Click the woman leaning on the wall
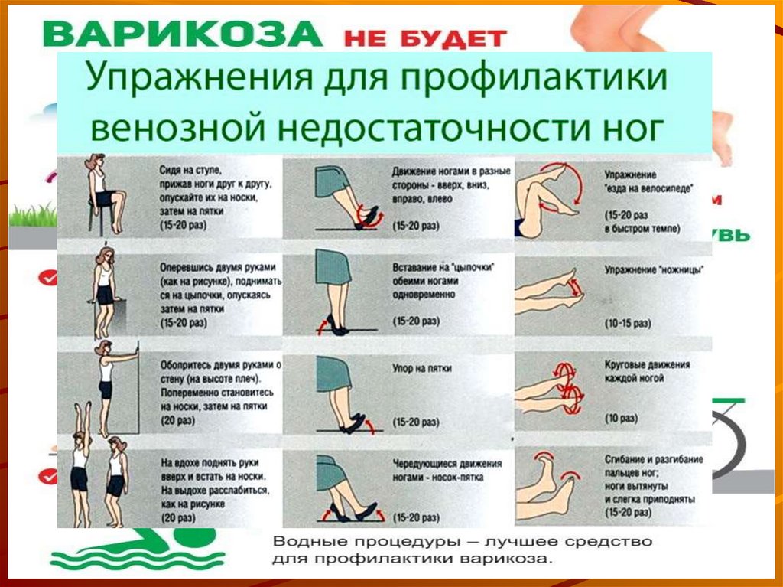(x=107, y=375)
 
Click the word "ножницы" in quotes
(x=684, y=270)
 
